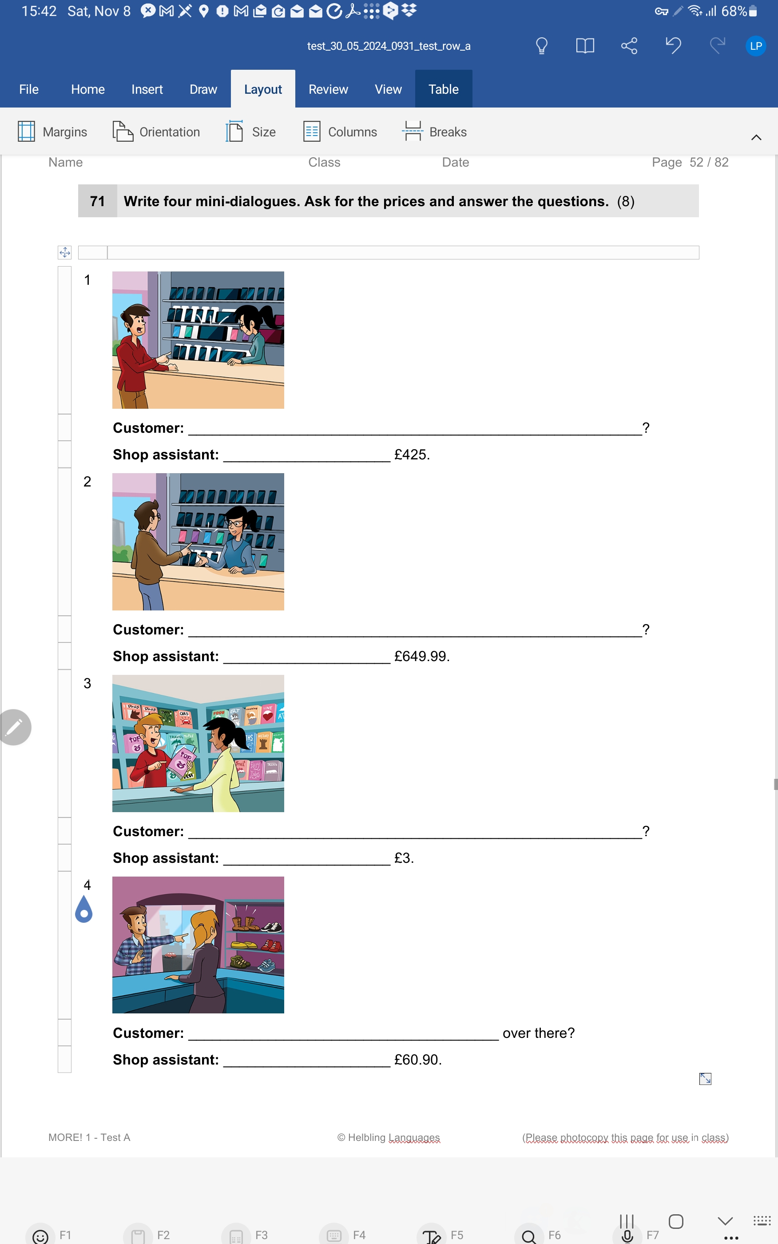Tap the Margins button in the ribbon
click(x=52, y=132)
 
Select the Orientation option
click(x=156, y=132)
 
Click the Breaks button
click(x=434, y=132)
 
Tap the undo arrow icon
click(x=673, y=46)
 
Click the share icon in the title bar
click(x=629, y=46)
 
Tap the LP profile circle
click(x=755, y=46)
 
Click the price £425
click(x=412, y=455)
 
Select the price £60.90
click(x=418, y=1059)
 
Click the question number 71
click(x=97, y=201)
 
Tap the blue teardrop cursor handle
click(x=84, y=909)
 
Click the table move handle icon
click(x=65, y=252)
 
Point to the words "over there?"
click(x=538, y=1033)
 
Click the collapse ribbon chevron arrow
click(x=756, y=137)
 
